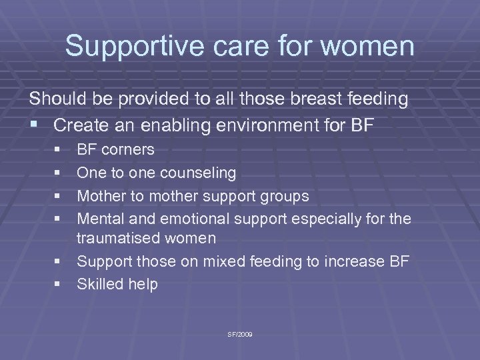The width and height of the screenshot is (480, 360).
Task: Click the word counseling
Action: (196, 173)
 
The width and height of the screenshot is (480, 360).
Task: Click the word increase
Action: (357, 262)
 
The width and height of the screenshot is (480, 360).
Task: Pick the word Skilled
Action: (98, 285)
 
